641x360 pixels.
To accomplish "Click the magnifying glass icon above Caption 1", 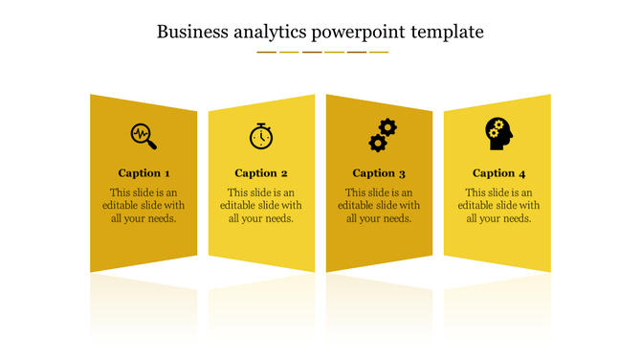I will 144,135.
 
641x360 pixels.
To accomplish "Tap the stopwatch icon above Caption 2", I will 260,136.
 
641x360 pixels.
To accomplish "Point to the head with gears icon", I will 497,133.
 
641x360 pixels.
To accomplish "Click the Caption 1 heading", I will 144,173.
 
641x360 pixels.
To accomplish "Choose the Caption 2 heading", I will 261,173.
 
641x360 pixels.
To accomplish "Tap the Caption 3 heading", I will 379,173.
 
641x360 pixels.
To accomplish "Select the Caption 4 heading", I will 498,173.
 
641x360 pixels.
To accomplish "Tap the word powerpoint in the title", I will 359,33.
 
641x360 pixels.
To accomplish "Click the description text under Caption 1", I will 144,205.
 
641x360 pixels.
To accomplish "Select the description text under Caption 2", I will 261,205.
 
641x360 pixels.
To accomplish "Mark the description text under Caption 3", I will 379,205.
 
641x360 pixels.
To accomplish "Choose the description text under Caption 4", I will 498,205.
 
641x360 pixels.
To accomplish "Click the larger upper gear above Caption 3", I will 387,126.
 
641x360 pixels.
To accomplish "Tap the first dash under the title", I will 266,52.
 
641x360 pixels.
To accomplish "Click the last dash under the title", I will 379,52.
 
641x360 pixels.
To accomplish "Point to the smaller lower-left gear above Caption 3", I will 377,143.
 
